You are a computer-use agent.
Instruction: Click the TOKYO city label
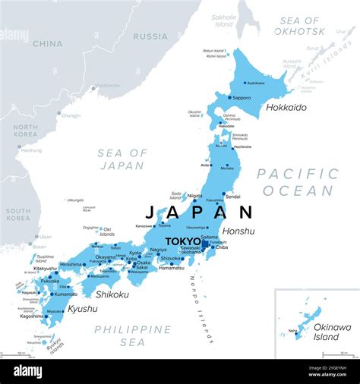[x=182, y=241]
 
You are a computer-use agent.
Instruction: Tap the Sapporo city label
[x=242, y=98]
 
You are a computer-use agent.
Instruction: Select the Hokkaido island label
[x=286, y=108]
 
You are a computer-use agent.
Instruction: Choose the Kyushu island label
[x=82, y=309]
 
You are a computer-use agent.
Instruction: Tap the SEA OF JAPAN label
[x=122, y=159]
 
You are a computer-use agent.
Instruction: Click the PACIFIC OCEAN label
[x=297, y=182]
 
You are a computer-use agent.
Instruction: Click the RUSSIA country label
[x=150, y=36]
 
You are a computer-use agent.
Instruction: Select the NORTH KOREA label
[x=25, y=131]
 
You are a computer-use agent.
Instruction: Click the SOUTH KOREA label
[x=18, y=213]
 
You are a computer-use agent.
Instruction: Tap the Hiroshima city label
[x=71, y=265]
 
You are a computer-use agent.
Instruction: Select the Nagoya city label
[x=158, y=250]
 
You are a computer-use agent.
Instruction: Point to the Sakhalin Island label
[x=224, y=19]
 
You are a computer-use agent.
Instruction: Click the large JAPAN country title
[x=198, y=212]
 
